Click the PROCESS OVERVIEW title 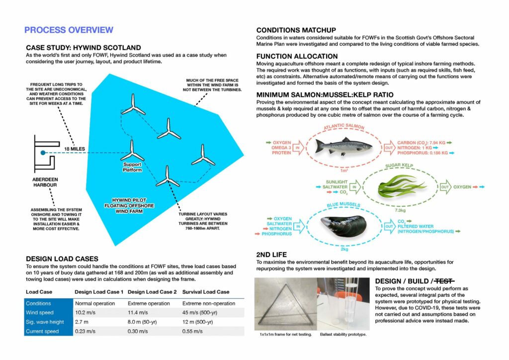click(x=69, y=30)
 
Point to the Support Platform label click(x=133, y=167)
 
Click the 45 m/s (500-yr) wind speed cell click(x=202, y=312)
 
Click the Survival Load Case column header click(x=206, y=292)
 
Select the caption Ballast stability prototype click(x=344, y=334)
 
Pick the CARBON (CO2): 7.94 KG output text click(x=423, y=141)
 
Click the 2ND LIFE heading click(x=271, y=255)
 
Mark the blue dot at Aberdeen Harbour click(x=43, y=153)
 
